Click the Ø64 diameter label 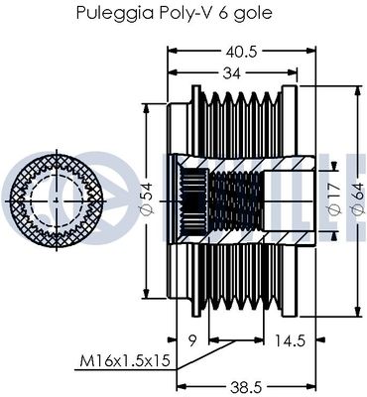point(357,200)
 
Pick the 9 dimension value point(192,340)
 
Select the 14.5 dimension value point(289,340)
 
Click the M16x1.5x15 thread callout point(125,360)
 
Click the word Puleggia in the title point(115,13)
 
